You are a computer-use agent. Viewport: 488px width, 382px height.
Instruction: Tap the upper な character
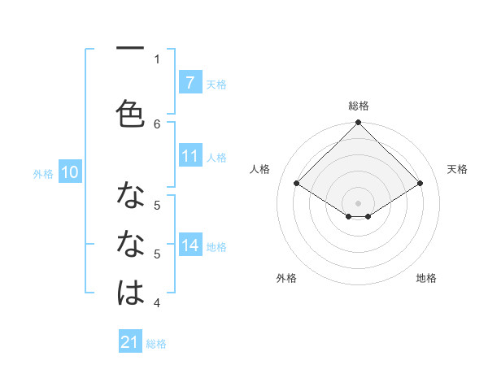pyautogui.click(x=130, y=196)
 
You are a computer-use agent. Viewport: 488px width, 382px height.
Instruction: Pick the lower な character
pyautogui.click(x=130, y=243)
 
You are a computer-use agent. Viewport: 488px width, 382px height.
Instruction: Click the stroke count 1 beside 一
pyautogui.click(x=157, y=59)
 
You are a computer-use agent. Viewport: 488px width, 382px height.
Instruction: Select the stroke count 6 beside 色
pyautogui.click(x=157, y=124)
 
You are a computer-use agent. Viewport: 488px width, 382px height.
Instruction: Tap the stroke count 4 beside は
pyautogui.click(x=157, y=303)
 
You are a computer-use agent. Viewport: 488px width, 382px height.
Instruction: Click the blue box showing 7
pyautogui.click(x=190, y=82)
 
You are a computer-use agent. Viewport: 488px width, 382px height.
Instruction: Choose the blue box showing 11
pyautogui.click(x=190, y=156)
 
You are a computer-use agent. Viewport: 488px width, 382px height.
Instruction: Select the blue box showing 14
pyautogui.click(x=190, y=245)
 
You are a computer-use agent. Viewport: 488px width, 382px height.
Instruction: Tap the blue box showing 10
pyautogui.click(x=69, y=171)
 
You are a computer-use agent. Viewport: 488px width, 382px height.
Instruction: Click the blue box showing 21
pyautogui.click(x=130, y=342)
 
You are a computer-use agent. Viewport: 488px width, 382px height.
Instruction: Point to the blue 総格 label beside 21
pyautogui.click(x=156, y=344)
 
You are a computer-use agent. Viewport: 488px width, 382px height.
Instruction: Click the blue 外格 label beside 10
pyautogui.click(x=43, y=173)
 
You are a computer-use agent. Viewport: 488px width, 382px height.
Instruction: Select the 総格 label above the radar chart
pyautogui.click(x=359, y=106)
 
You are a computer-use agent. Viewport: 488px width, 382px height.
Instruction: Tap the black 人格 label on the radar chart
pyautogui.click(x=260, y=169)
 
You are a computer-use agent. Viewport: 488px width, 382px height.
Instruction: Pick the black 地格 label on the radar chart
pyautogui.click(x=426, y=278)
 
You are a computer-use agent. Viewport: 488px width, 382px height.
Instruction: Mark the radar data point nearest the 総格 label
pyautogui.click(x=358, y=123)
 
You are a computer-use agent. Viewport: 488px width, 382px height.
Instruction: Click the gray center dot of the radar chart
pyautogui.click(x=358, y=202)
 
